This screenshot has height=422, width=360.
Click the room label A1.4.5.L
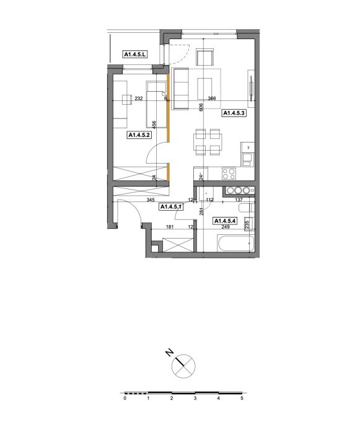pyautogui.click(x=135, y=55)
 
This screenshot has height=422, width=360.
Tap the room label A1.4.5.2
pyautogui.click(x=139, y=135)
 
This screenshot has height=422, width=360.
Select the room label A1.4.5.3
pyautogui.click(x=234, y=113)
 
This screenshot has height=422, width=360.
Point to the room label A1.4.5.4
pyautogui.click(x=225, y=221)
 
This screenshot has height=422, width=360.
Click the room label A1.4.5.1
pyautogui.click(x=172, y=207)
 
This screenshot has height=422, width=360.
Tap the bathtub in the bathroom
pyautogui.click(x=235, y=244)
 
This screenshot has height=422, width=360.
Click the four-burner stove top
pyautogui.click(x=229, y=174)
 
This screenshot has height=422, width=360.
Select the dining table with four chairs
pyautogui.click(x=208, y=142)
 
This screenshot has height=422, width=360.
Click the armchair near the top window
pyautogui.click(x=204, y=57)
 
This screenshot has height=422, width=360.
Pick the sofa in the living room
pyautogui.click(x=181, y=89)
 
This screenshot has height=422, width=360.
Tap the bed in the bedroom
pyautogui.click(x=156, y=105)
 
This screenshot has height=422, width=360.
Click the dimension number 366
pyautogui.click(x=212, y=99)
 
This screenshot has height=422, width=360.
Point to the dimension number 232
pyautogui.click(x=139, y=99)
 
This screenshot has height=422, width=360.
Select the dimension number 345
pyautogui.click(x=151, y=200)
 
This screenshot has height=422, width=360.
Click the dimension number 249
pyautogui.click(x=226, y=227)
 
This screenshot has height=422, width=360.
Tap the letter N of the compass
pyautogui.click(x=170, y=353)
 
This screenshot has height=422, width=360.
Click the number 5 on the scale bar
pyautogui.click(x=242, y=398)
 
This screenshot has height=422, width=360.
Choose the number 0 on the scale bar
pyautogui.click(x=125, y=398)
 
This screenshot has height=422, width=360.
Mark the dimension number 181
pyautogui.click(x=170, y=227)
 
